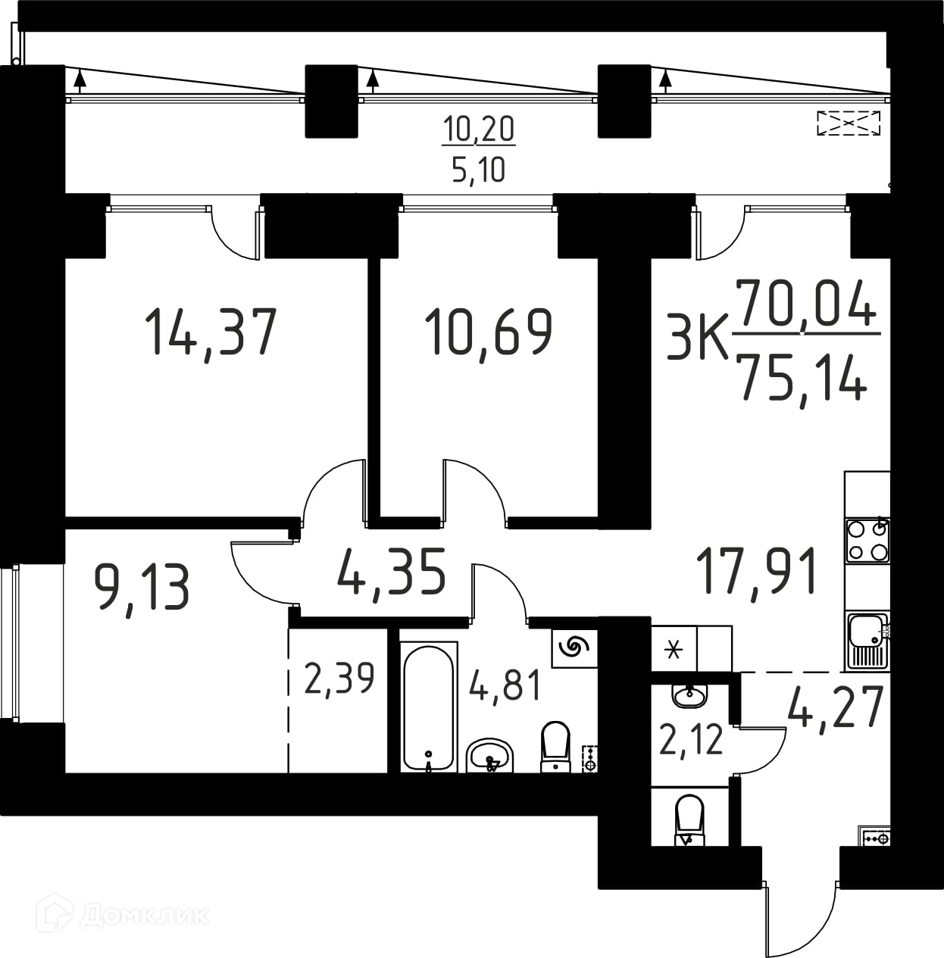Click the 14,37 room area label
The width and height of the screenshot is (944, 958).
click(x=211, y=332)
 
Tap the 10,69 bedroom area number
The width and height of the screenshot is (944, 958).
click(x=489, y=332)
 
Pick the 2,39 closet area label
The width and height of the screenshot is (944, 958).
click(x=339, y=679)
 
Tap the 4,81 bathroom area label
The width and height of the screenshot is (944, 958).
click(x=505, y=685)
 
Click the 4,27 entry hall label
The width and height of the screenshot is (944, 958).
click(x=835, y=707)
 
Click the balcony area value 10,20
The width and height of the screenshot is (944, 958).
click(x=479, y=130)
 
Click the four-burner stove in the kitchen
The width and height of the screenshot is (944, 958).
click(x=867, y=540)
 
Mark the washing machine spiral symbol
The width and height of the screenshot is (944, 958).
click(x=574, y=647)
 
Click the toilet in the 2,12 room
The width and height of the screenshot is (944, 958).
click(x=689, y=821)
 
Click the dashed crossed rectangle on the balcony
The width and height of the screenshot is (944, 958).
click(x=849, y=123)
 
